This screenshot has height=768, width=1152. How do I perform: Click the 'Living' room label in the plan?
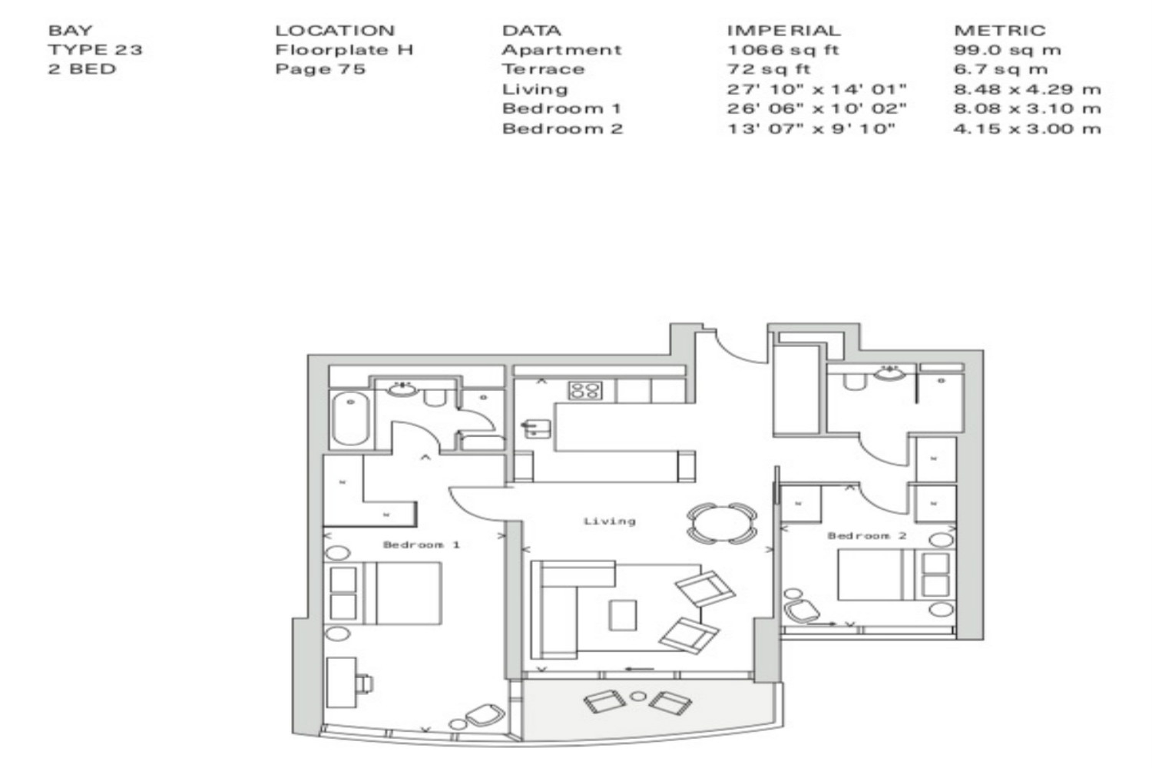(x=610, y=521)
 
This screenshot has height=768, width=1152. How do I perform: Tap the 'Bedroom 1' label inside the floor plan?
(x=421, y=545)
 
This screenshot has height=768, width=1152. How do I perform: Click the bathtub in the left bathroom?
(x=350, y=419)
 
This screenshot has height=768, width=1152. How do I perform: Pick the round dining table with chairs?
(x=722, y=523)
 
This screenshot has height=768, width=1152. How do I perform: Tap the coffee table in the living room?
(x=623, y=614)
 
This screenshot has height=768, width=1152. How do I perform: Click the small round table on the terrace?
(x=638, y=697)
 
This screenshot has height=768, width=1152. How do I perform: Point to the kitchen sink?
(x=536, y=429)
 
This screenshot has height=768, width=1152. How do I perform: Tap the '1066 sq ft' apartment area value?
(x=783, y=50)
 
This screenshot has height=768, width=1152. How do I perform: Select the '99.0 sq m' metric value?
(x=1007, y=50)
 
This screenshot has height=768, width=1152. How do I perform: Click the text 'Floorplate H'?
(x=344, y=50)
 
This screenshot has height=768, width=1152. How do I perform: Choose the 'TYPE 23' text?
(x=95, y=50)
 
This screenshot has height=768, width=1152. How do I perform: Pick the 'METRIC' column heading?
(x=1000, y=31)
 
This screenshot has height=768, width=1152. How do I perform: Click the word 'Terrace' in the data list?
(x=543, y=69)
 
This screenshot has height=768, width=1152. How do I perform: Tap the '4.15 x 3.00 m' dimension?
(x=1028, y=128)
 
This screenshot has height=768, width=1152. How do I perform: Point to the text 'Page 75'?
(x=320, y=69)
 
